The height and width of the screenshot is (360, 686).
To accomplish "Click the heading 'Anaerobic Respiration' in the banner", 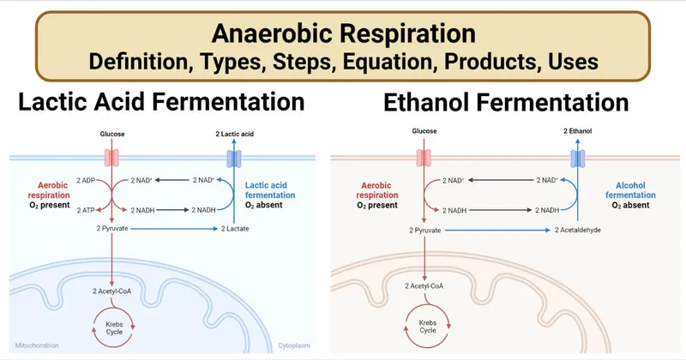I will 343,34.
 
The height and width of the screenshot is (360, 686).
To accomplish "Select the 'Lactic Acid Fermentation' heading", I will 161,104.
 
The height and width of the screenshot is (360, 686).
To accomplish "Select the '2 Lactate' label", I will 236,230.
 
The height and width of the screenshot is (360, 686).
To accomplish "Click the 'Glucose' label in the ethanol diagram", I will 424,131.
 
